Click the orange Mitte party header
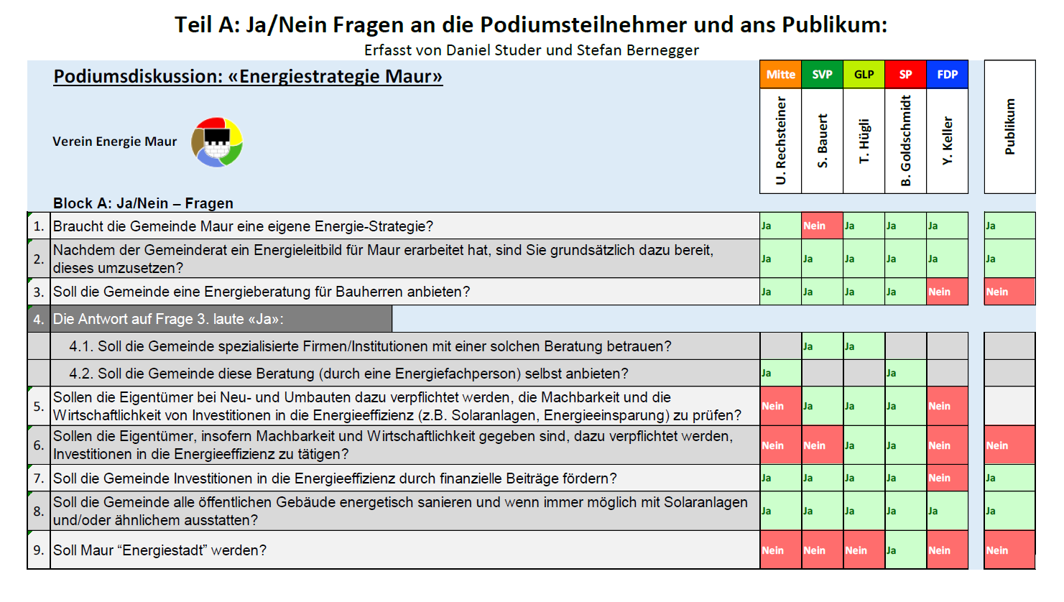tap(780, 74)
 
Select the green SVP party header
tap(822, 74)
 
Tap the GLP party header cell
tap(864, 74)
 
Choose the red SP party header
tap(905, 74)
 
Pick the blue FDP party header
tap(947, 74)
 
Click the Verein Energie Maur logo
tap(217, 142)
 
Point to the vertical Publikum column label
tap(1010, 127)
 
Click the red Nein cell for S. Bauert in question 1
tap(822, 226)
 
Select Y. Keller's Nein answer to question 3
tap(947, 292)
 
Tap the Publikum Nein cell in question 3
tap(1009, 292)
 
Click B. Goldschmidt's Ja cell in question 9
tap(905, 550)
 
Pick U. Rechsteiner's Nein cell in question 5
tap(780, 406)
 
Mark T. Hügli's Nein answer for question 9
tap(864, 550)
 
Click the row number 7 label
tap(39, 478)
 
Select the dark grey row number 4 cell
tap(39, 319)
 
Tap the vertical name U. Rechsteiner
tap(781, 142)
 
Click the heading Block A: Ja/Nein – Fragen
tap(143, 203)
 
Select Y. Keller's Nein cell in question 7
tap(947, 478)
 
